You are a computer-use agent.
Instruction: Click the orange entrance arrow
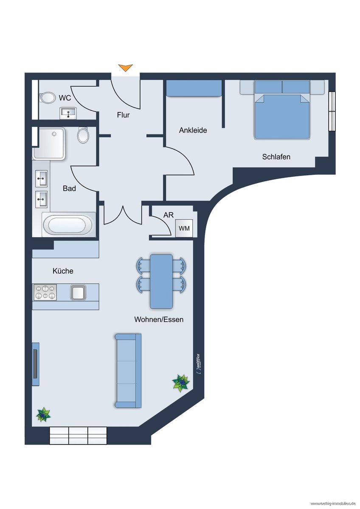click(125, 68)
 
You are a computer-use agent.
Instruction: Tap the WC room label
click(65, 98)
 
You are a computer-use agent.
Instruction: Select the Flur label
click(123, 115)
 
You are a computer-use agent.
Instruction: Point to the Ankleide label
click(193, 131)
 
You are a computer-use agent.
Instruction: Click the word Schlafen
click(276, 157)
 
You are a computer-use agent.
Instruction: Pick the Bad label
click(69, 188)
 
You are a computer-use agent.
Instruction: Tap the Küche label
click(63, 271)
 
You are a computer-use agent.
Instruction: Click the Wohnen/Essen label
click(159, 319)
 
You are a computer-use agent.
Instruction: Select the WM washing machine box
click(184, 228)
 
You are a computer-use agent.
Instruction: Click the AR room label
click(168, 215)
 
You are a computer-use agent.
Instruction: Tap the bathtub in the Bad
click(68, 225)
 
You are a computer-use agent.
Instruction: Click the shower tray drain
click(54, 134)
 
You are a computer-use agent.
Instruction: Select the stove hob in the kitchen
click(45, 292)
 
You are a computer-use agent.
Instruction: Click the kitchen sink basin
click(78, 292)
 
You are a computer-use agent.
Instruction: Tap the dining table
click(161, 282)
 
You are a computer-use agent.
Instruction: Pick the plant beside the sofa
click(181, 383)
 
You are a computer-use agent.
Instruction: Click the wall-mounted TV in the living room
click(35, 364)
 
